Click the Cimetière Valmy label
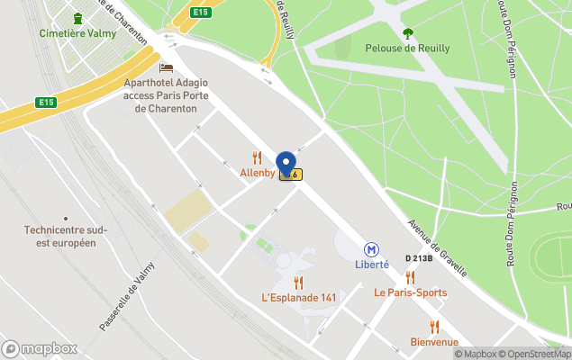click(x=77, y=33)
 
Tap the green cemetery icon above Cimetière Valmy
click(x=77, y=18)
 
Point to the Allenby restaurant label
click(x=257, y=173)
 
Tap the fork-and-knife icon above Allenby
click(x=258, y=158)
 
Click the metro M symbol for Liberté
click(x=371, y=249)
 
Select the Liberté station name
click(x=371, y=265)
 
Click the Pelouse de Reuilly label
click(x=408, y=49)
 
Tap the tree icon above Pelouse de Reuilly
click(x=408, y=33)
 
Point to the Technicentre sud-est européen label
click(x=67, y=236)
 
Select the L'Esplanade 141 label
click(x=299, y=297)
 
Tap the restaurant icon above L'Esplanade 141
click(x=299, y=282)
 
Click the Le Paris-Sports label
click(x=410, y=292)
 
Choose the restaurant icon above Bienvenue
click(x=434, y=327)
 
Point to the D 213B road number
click(x=419, y=258)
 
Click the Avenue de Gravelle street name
click(x=437, y=247)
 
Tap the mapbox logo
click(x=40, y=348)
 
